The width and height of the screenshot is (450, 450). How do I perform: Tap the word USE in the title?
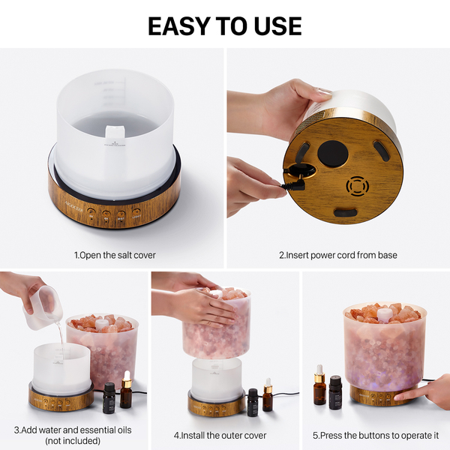point(277,26)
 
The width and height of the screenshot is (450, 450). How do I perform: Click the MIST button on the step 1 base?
point(121,215)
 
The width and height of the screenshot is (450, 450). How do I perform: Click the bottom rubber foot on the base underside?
point(345,213)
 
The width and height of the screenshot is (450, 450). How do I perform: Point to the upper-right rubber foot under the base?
point(381,150)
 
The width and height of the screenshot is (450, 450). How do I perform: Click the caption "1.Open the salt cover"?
point(115,255)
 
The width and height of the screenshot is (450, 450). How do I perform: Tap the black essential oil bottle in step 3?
point(109,397)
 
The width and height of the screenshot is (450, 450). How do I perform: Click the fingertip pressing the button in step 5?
point(397,397)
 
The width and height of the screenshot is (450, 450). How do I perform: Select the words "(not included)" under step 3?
point(73,440)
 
